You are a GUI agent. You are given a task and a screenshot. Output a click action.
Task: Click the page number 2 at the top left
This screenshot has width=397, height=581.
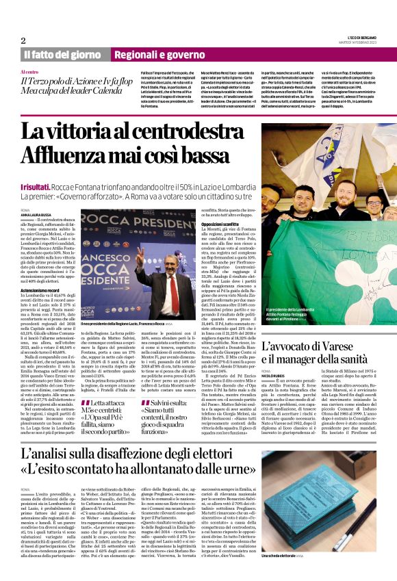pyautogui.click(x=24, y=40)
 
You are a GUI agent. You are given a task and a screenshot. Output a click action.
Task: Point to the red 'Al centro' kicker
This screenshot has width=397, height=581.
pyautogui.click(x=30, y=71)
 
